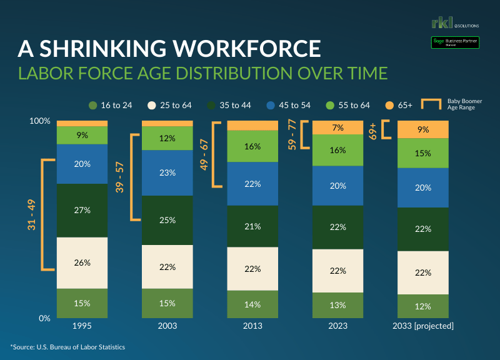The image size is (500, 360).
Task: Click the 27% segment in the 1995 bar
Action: click(82, 210)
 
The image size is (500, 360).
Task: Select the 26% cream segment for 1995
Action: click(82, 262)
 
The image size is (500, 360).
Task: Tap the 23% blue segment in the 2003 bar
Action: click(167, 173)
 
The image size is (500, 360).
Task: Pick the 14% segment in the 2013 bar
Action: click(252, 304)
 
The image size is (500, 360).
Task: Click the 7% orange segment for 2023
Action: click(337, 128)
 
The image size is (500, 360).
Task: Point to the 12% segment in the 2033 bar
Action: click(423, 306)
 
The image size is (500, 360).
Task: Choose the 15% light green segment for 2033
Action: click(423, 153)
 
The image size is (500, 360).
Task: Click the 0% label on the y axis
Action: click(44, 318)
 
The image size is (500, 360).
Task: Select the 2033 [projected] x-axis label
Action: click(423, 326)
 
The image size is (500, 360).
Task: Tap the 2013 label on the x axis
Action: click(252, 326)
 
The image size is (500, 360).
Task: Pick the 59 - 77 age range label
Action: click(291, 135)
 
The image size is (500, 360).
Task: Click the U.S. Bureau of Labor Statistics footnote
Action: click(68, 346)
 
